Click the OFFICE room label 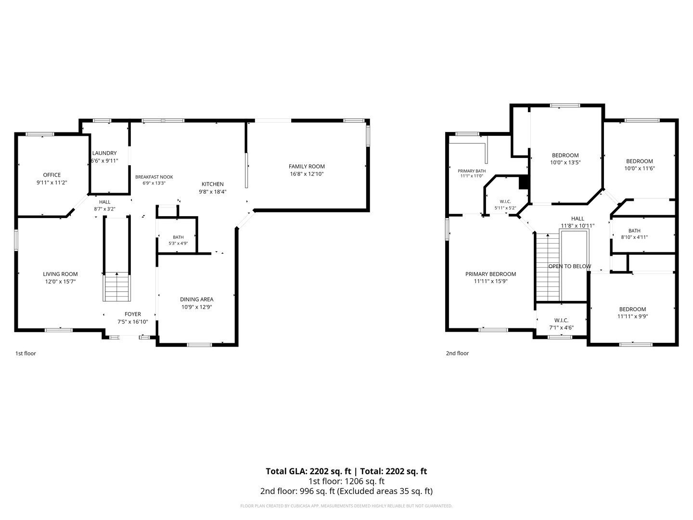tap(52, 175)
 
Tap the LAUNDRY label tap(104, 153)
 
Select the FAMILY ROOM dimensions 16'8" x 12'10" tap(307, 174)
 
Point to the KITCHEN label tap(213, 184)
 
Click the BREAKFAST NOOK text tap(154, 177)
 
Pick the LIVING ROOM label tap(60, 274)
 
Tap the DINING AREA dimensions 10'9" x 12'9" tap(196, 307)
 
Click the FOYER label tap(133, 314)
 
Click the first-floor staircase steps tap(116, 286)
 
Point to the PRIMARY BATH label tap(472, 171)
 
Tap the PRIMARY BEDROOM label tap(490, 274)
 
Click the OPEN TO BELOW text tap(569, 266)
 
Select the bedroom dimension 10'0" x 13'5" tap(565, 163)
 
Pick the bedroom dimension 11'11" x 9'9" tap(632, 316)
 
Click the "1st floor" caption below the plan tap(26, 353)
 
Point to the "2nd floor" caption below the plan tap(457, 353)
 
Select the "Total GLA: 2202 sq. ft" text tap(308, 471)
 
